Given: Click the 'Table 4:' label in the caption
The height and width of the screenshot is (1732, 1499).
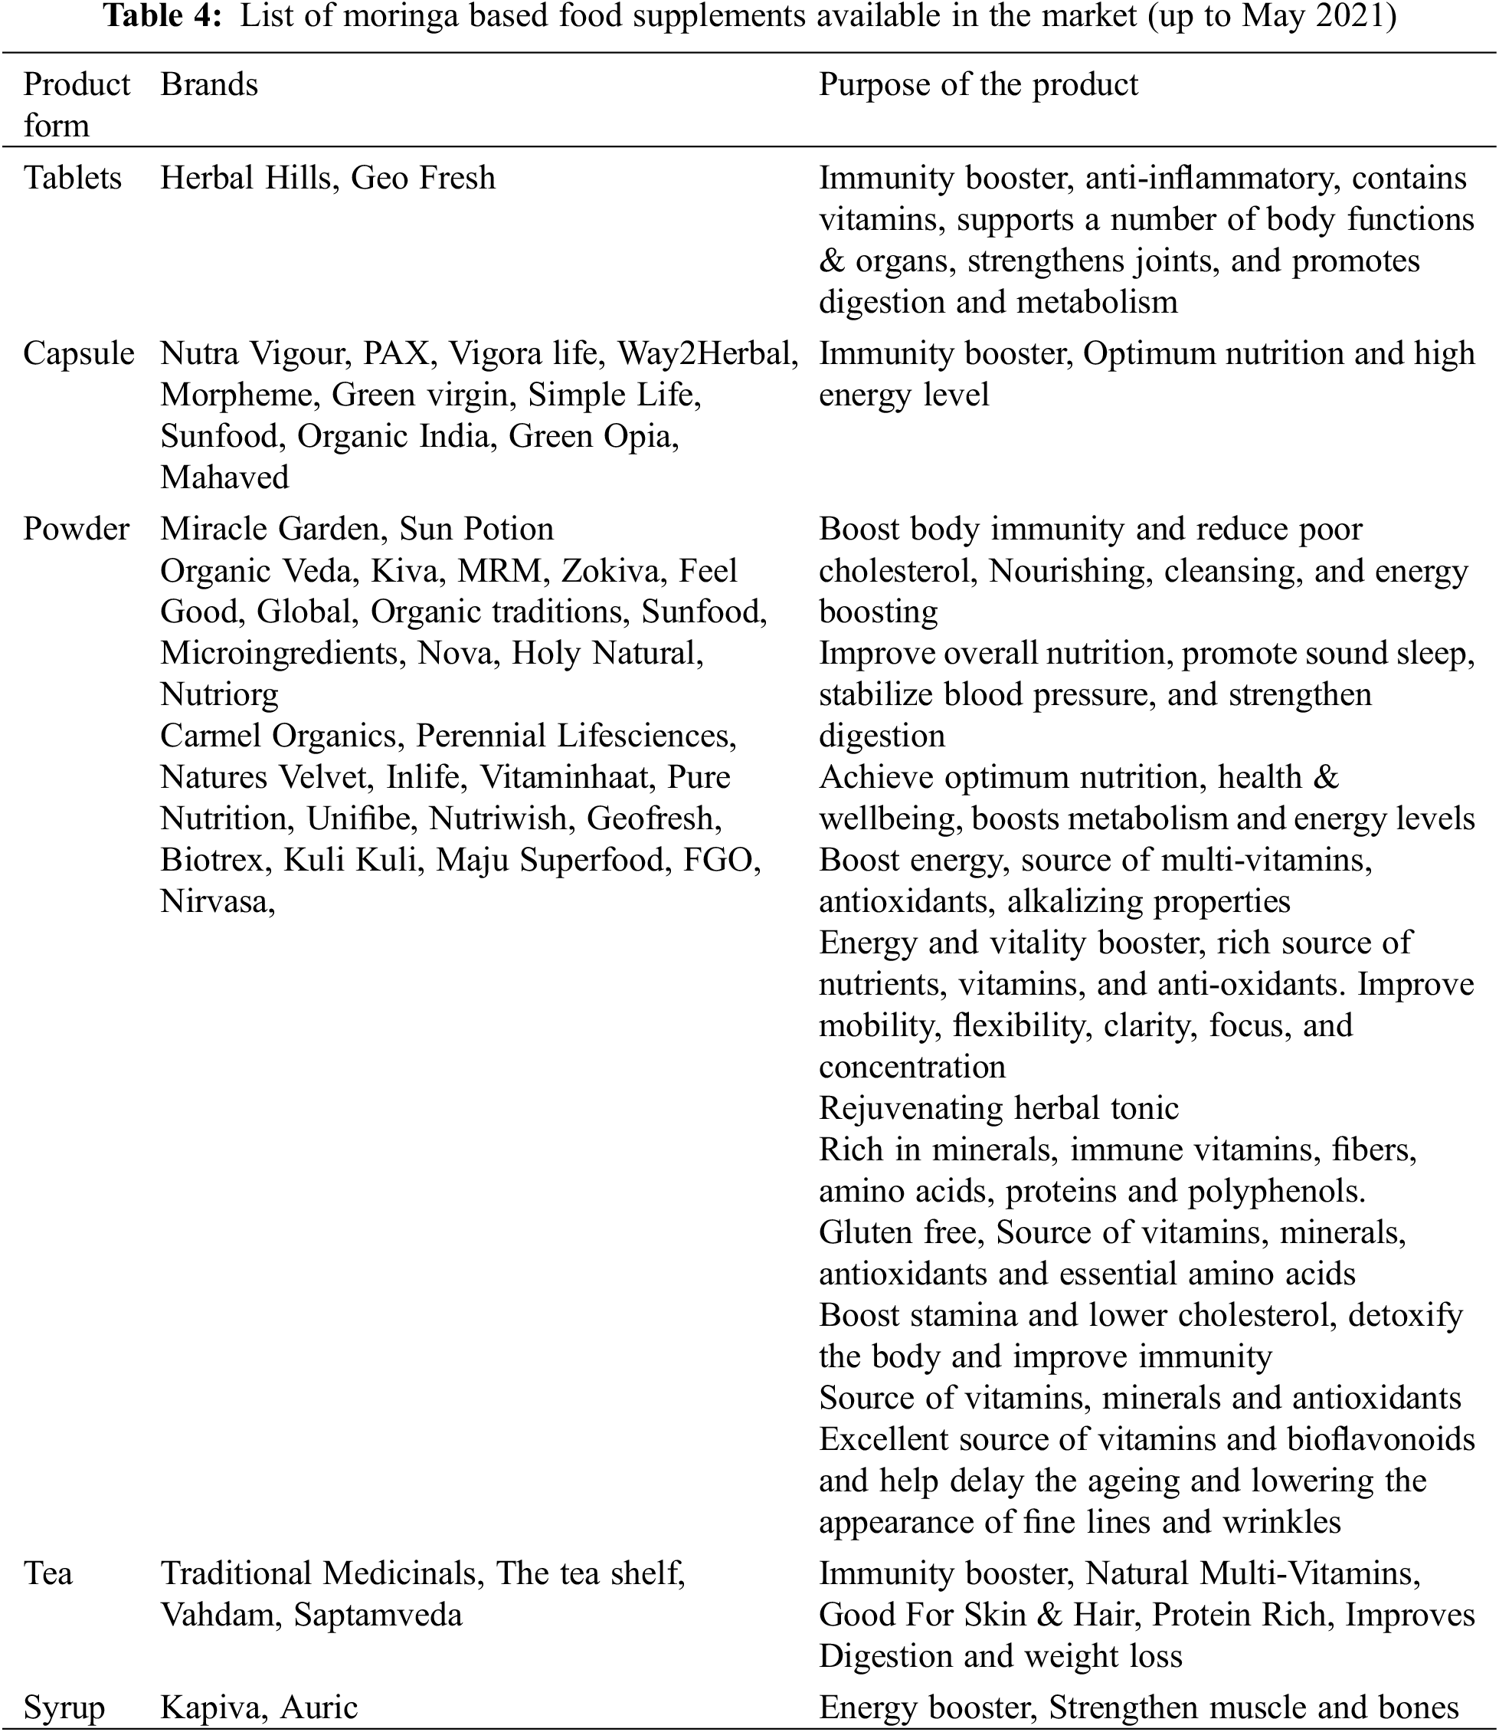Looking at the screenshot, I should tap(164, 17).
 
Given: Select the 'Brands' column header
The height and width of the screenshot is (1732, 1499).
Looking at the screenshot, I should tap(209, 84).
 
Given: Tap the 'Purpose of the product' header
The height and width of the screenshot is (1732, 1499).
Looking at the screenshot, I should tap(978, 84).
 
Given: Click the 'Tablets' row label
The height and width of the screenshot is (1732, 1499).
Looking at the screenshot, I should tap(73, 179).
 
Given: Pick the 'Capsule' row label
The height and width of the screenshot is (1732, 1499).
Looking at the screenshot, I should tap(79, 354).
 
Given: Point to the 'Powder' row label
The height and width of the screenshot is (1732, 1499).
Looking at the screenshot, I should tap(76, 530).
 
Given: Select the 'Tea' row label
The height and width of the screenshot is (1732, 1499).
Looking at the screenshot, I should tap(47, 1574).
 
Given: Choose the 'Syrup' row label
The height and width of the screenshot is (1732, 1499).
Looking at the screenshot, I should tap(64, 1707).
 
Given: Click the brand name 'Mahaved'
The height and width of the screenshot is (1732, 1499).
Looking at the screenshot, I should tap(224, 477).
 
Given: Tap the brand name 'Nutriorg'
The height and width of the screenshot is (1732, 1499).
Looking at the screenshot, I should tap(219, 694).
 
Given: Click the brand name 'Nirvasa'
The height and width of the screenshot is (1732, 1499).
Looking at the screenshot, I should tap(215, 901).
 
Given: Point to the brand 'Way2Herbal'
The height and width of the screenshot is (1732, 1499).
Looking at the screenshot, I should tap(706, 354).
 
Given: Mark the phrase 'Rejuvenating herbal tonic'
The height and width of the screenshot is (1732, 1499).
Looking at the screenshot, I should tap(998, 1109).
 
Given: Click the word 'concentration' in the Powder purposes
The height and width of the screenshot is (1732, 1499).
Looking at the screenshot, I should tap(912, 1067).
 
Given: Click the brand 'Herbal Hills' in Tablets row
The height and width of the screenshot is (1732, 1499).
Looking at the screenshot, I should tap(245, 179).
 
